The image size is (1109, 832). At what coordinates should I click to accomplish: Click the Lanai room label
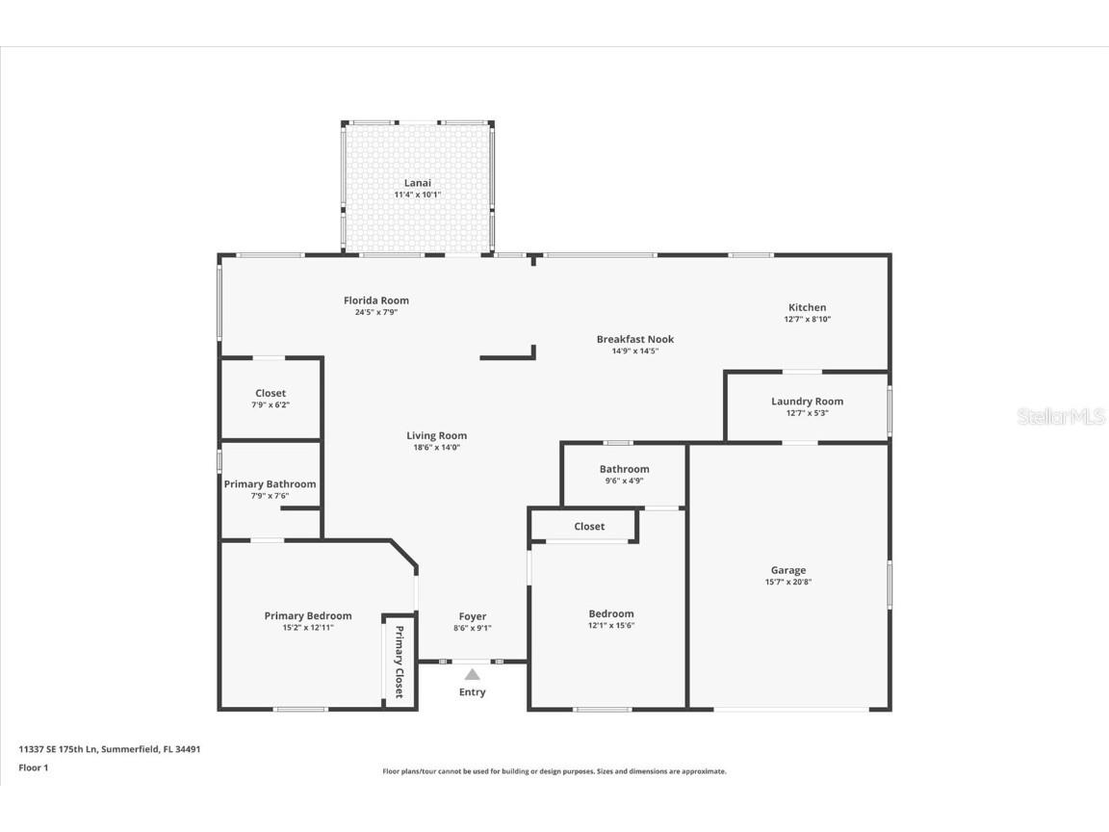click(x=417, y=183)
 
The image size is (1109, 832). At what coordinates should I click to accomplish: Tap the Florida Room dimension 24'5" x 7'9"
click(x=376, y=312)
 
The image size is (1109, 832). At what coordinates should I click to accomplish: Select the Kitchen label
click(x=807, y=307)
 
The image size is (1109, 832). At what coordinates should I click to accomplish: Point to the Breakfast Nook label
click(x=634, y=339)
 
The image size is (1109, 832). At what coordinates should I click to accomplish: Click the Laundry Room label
click(x=807, y=402)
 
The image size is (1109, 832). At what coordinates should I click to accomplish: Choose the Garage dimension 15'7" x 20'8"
click(x=787, y=582)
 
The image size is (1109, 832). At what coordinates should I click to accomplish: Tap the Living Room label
click(x=436, y=435)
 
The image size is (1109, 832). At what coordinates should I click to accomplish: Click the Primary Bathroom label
click(x=270, y=484)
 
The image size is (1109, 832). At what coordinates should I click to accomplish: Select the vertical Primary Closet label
click(x=399, y=662)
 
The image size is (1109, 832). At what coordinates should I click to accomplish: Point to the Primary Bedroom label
click(x=308, y=616)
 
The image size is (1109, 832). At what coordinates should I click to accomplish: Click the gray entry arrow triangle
click(x=472, y=674)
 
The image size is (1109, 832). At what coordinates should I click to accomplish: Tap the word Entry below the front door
click(x=472, y=692)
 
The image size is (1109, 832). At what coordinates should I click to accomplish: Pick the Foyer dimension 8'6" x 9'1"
click(x=472, y=628)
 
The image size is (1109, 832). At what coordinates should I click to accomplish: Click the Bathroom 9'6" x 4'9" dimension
click(x=624, y=481)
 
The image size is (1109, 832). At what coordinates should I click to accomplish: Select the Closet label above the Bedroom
click(x=589, y=527)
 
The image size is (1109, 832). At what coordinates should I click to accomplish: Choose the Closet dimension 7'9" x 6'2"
click(x=271, y=404)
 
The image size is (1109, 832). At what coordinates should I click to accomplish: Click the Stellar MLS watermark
click(x=1061, y=417)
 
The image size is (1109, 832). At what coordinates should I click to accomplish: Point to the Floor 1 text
click(x=34, y=767)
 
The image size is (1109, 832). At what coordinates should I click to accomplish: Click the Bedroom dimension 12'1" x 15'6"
click(x=611, y=625)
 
